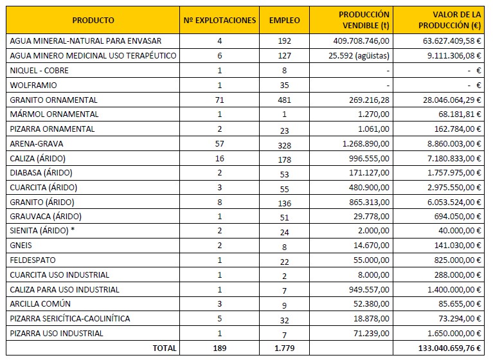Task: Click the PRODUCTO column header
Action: point(93,21)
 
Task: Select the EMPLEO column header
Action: point(284,21)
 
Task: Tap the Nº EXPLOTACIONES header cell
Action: point(219,21)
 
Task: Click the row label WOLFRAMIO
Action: point(33,85)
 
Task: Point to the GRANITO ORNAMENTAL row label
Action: point(54,100)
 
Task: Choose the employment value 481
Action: point(284,100)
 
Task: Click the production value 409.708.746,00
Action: point(361,41)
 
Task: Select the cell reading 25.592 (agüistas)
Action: point(359,56)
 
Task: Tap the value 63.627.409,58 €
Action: point(452,41)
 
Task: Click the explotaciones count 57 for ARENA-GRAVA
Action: point(219,144)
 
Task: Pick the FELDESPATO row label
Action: point(33,260)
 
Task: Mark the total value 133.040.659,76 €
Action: point(449,348)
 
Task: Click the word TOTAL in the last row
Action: point(165,348)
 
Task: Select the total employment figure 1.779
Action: point(284,348)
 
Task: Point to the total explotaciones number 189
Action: point(219,348)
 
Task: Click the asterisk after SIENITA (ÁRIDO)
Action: point(73,230)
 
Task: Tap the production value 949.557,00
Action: point(369,289)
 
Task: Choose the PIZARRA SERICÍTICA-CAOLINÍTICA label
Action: point(70,318)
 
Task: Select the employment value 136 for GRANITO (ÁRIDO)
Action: point(284,203)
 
